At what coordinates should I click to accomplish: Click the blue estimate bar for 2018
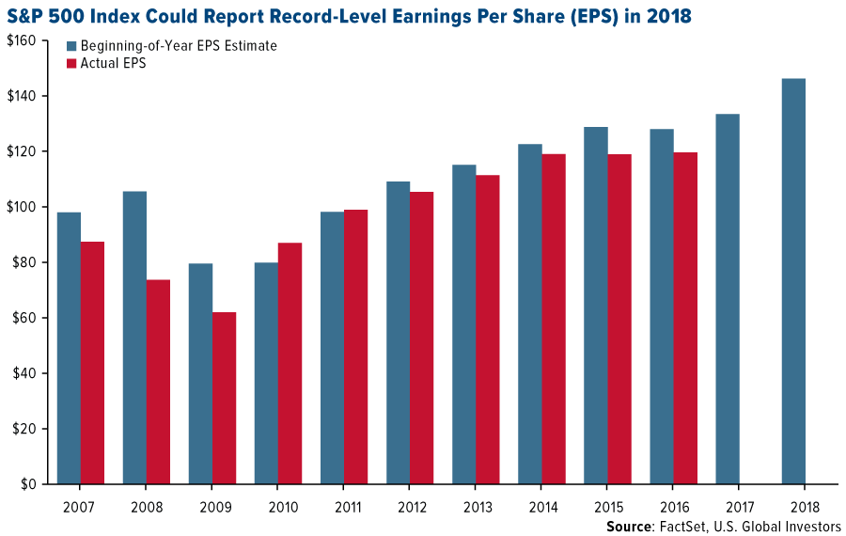coord(793,281)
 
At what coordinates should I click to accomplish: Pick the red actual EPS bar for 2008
coord(158,382)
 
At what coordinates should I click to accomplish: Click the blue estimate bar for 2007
coord(69,348)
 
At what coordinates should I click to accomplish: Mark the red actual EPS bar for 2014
coord(553,319)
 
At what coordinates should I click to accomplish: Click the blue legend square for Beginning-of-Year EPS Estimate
coord(71,46)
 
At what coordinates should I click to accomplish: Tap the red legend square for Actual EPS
coord(71,64)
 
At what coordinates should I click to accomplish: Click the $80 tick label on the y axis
coord(23,262)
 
